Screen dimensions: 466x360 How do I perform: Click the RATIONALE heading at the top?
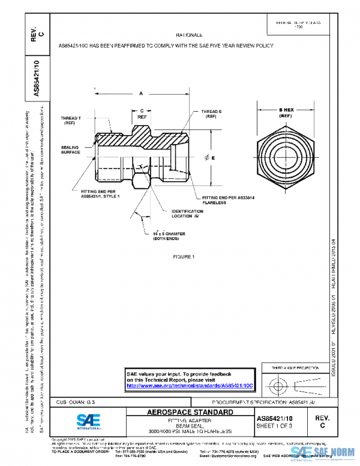(x=189, y=35)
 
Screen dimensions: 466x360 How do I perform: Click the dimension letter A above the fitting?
(x=140, y=94)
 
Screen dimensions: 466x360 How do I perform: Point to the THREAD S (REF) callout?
(x=211, y=114)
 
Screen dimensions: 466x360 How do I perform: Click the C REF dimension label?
(x=142, y=115)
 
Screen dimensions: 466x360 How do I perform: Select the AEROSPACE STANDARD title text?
(x=190, y=413)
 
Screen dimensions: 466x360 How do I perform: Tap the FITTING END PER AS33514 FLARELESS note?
(x=228, y=200)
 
